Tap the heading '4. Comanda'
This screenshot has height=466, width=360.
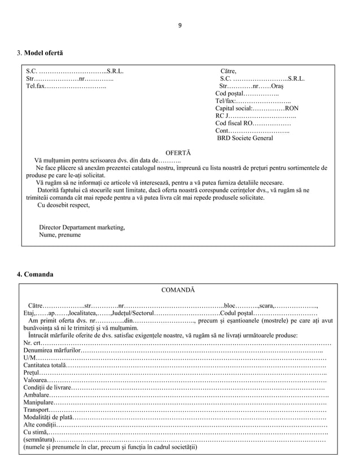tap(35, 274)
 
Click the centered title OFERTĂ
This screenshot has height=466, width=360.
tap(178, 153)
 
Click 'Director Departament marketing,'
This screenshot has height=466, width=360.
tap(82, 227)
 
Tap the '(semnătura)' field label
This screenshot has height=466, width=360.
tap(39, 439)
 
